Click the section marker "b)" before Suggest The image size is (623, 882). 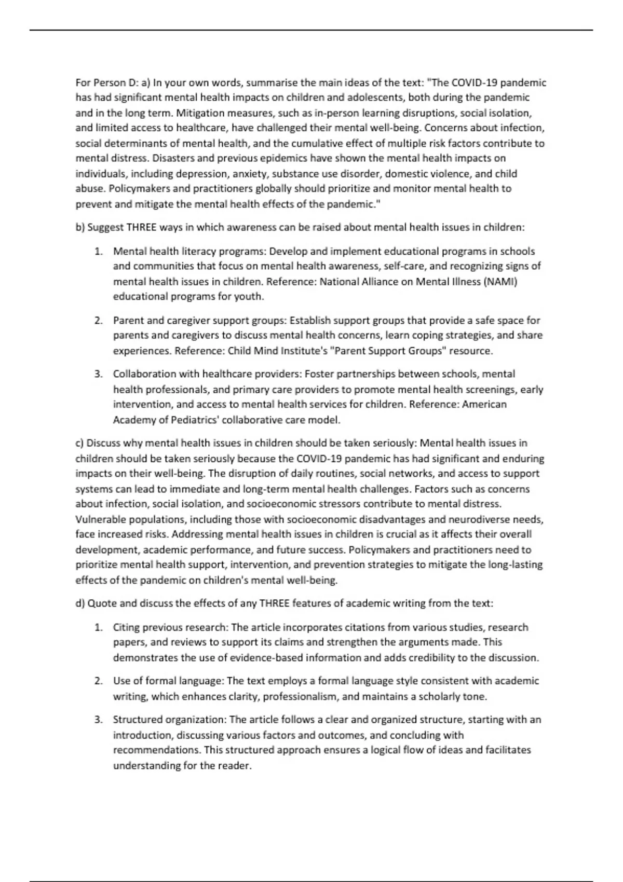click(80, 227)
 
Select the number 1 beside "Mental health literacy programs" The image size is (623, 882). click(98, 252)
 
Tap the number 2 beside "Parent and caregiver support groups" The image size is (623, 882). click(98, 321)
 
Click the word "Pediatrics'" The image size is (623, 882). click(194, 420)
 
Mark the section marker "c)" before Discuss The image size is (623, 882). click(80, 443)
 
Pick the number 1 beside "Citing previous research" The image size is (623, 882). click(98, 628)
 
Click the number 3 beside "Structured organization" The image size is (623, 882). click(98, 720)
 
